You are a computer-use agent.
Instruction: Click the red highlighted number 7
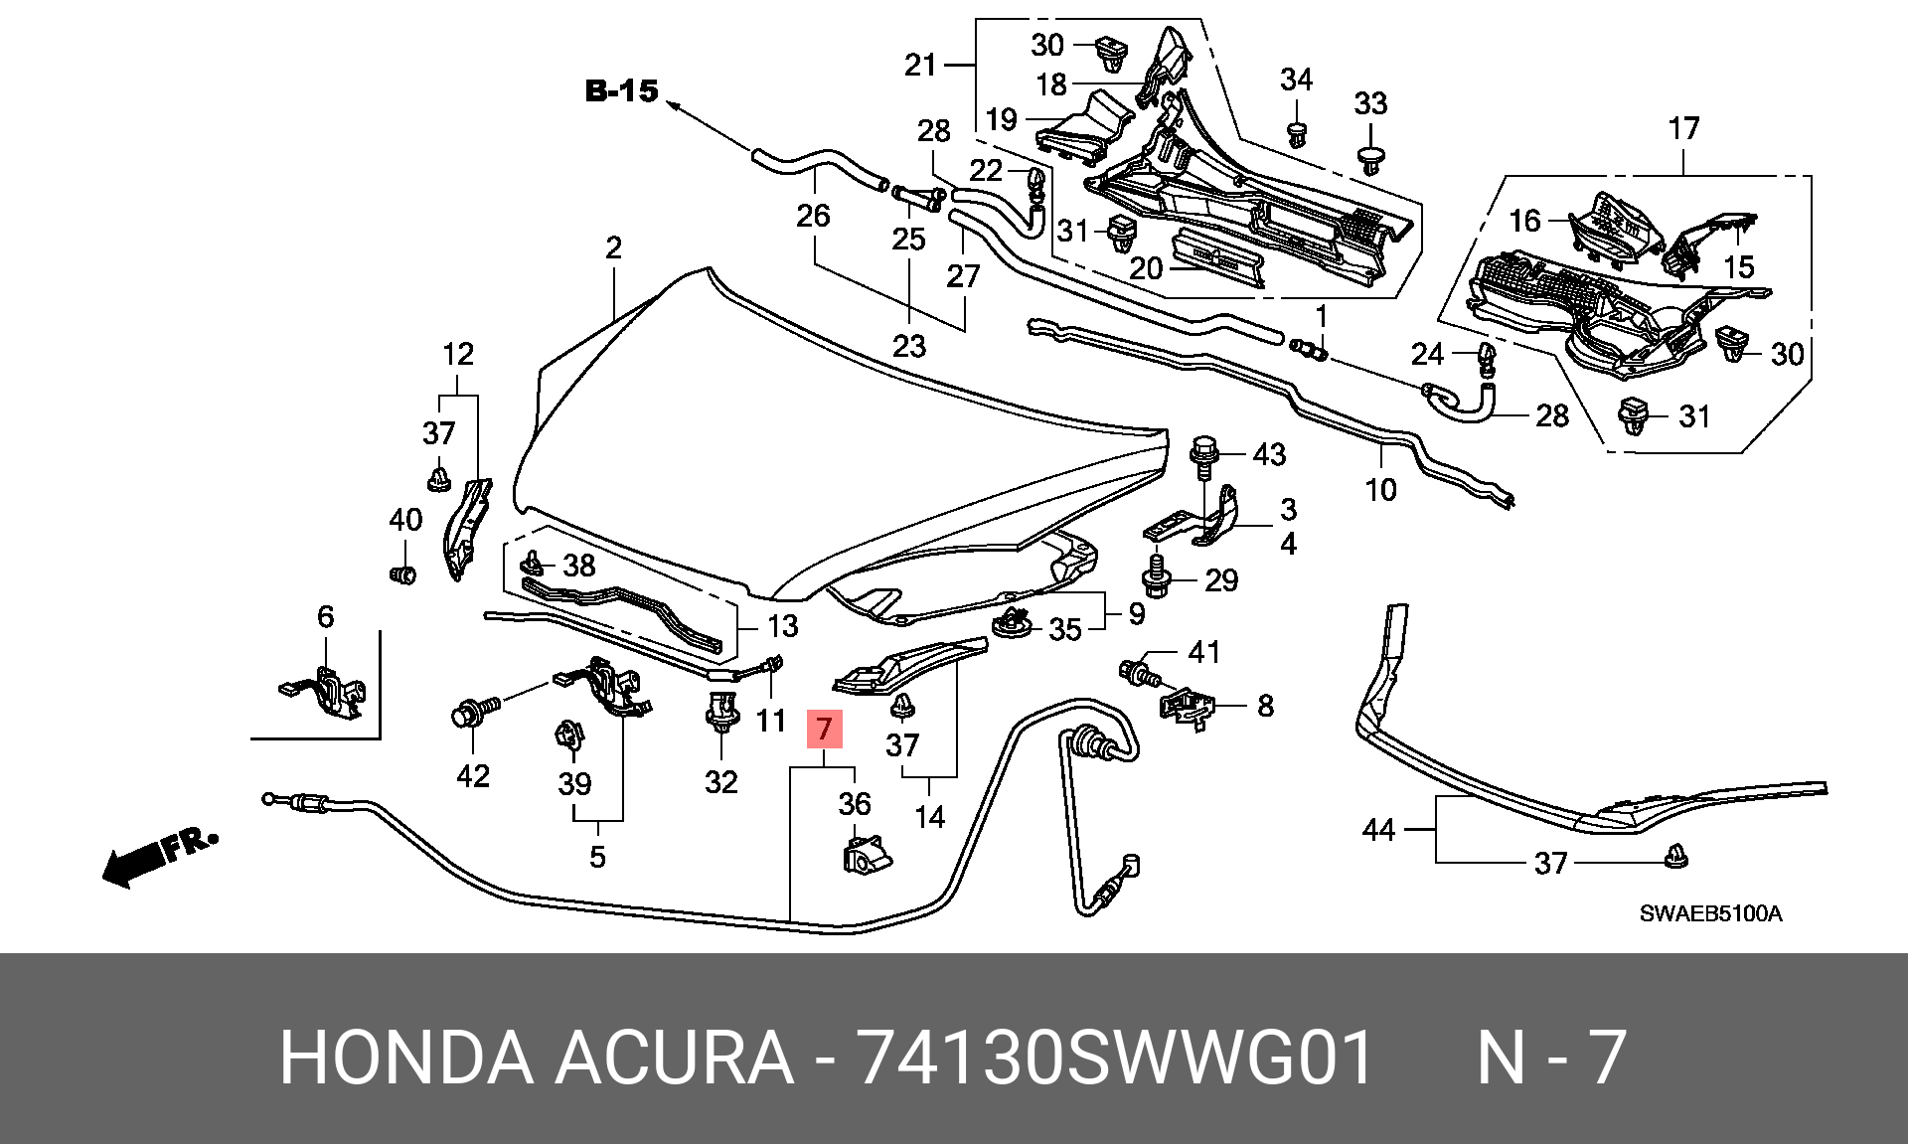coord(824,729)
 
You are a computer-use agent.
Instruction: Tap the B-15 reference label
coord(621,92)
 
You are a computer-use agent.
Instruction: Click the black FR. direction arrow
coord(159,858)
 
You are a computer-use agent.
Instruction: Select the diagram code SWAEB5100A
coord(1710,913)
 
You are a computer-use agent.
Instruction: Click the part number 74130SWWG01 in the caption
coord(1115,1058)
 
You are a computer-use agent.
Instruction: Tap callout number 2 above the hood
coord(613,247)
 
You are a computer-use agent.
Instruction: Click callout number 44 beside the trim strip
coord(1378,829)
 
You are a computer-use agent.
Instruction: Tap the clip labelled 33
coord(1371,160)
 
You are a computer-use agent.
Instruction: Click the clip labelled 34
coord(1296,134)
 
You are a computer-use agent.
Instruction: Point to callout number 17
coord(1683,129)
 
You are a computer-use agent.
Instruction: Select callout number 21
coord(920,66)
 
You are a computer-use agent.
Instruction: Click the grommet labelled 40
coord(401,574)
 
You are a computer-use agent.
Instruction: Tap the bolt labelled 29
coord(1157,577)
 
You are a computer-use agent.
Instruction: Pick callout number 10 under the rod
coord(1381,489)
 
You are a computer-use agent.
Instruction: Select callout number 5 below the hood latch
coord(597,856)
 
